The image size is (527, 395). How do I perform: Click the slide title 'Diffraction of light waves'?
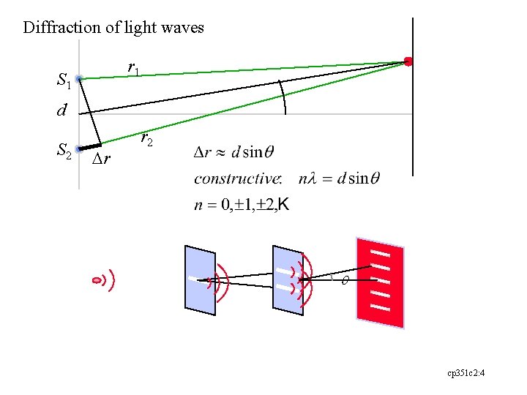113,28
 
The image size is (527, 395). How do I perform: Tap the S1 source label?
64,80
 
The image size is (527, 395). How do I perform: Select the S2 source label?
64,151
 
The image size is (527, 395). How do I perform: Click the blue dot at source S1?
79,78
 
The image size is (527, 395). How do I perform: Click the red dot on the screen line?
408,61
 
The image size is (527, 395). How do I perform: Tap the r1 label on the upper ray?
134,68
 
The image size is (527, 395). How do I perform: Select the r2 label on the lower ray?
146,138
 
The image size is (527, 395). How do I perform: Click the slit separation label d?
62,112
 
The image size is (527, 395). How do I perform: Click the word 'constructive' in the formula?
238,178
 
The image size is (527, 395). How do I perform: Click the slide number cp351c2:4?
467,373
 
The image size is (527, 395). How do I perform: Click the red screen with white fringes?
380,282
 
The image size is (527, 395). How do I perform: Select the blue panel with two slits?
287,279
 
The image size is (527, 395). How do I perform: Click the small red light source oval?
97,280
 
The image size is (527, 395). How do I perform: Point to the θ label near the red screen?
345,280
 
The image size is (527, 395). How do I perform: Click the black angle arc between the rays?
283,97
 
